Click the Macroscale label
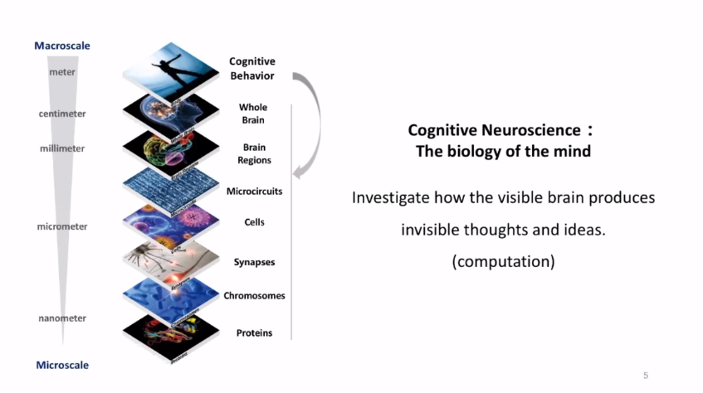pos(62,46)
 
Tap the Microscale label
pos(62,365)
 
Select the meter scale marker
pos(62,72)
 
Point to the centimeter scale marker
pos(62,114)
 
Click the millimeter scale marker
pos(62,148)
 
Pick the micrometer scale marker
pos(62,226)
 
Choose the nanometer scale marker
pos(62,318)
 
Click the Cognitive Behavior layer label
pos(252,69)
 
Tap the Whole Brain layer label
pos(252,114)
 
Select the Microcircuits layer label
pos(254,191)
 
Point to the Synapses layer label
pos(254,262)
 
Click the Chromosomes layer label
pos(254,295)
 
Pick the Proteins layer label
pos(254,332)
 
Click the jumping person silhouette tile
pos(171,67)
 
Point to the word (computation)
pos(503,261)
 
